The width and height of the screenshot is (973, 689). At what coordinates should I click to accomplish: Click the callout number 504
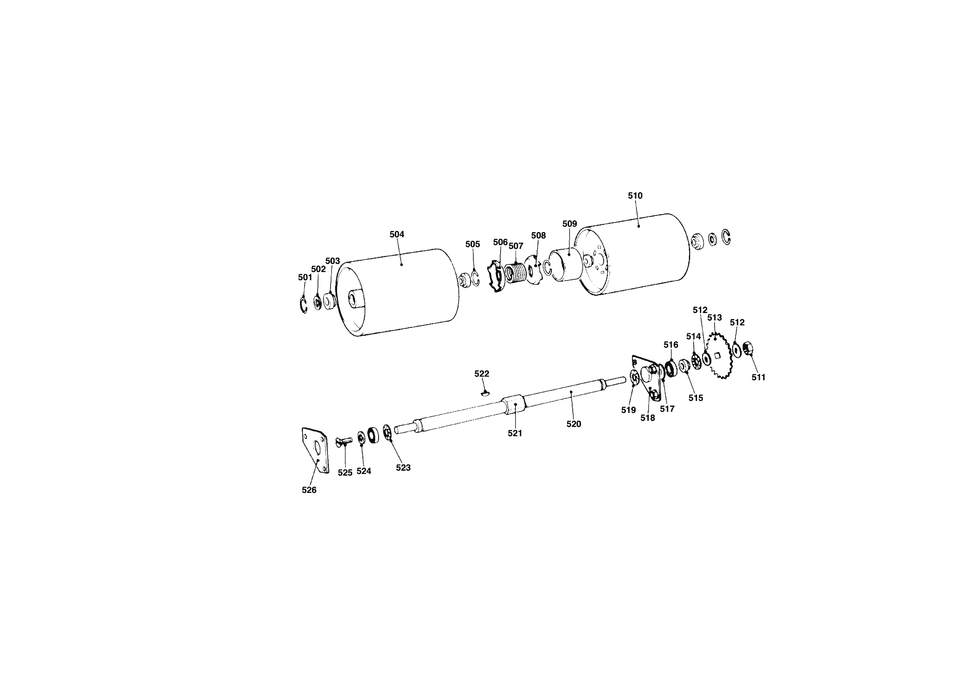pyautogui.click(x=397, y=234)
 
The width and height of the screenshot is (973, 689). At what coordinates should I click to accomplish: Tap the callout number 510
pyautogui.click(x=635, y=196)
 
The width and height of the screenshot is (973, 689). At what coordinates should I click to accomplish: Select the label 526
pyautogui.click(x=309, y=490)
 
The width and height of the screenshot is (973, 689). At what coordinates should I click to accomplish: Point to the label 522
pyautogui.click(x=482, y=374)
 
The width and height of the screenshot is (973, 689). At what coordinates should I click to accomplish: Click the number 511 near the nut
pyautogui.click(x=759, y=377)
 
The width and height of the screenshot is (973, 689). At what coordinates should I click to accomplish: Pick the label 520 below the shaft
pyautogui.click(x=574, y=424)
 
